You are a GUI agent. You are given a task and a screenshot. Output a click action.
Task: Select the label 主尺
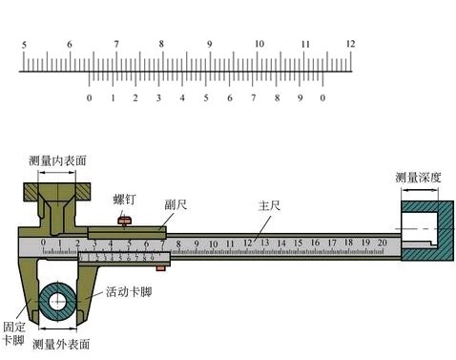270,204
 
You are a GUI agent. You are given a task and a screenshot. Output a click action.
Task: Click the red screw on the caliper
124,222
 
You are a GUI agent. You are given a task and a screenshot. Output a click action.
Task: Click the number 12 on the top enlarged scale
350,44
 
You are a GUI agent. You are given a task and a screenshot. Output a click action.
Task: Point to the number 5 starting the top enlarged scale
23,44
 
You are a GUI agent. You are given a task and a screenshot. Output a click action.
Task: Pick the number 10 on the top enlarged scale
258,44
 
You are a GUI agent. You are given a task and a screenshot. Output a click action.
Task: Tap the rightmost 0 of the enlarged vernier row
322,98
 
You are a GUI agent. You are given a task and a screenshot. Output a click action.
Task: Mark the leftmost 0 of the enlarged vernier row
89,98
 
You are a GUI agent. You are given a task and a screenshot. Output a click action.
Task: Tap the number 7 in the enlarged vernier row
253,98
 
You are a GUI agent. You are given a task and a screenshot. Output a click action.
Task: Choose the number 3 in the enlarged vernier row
158,98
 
